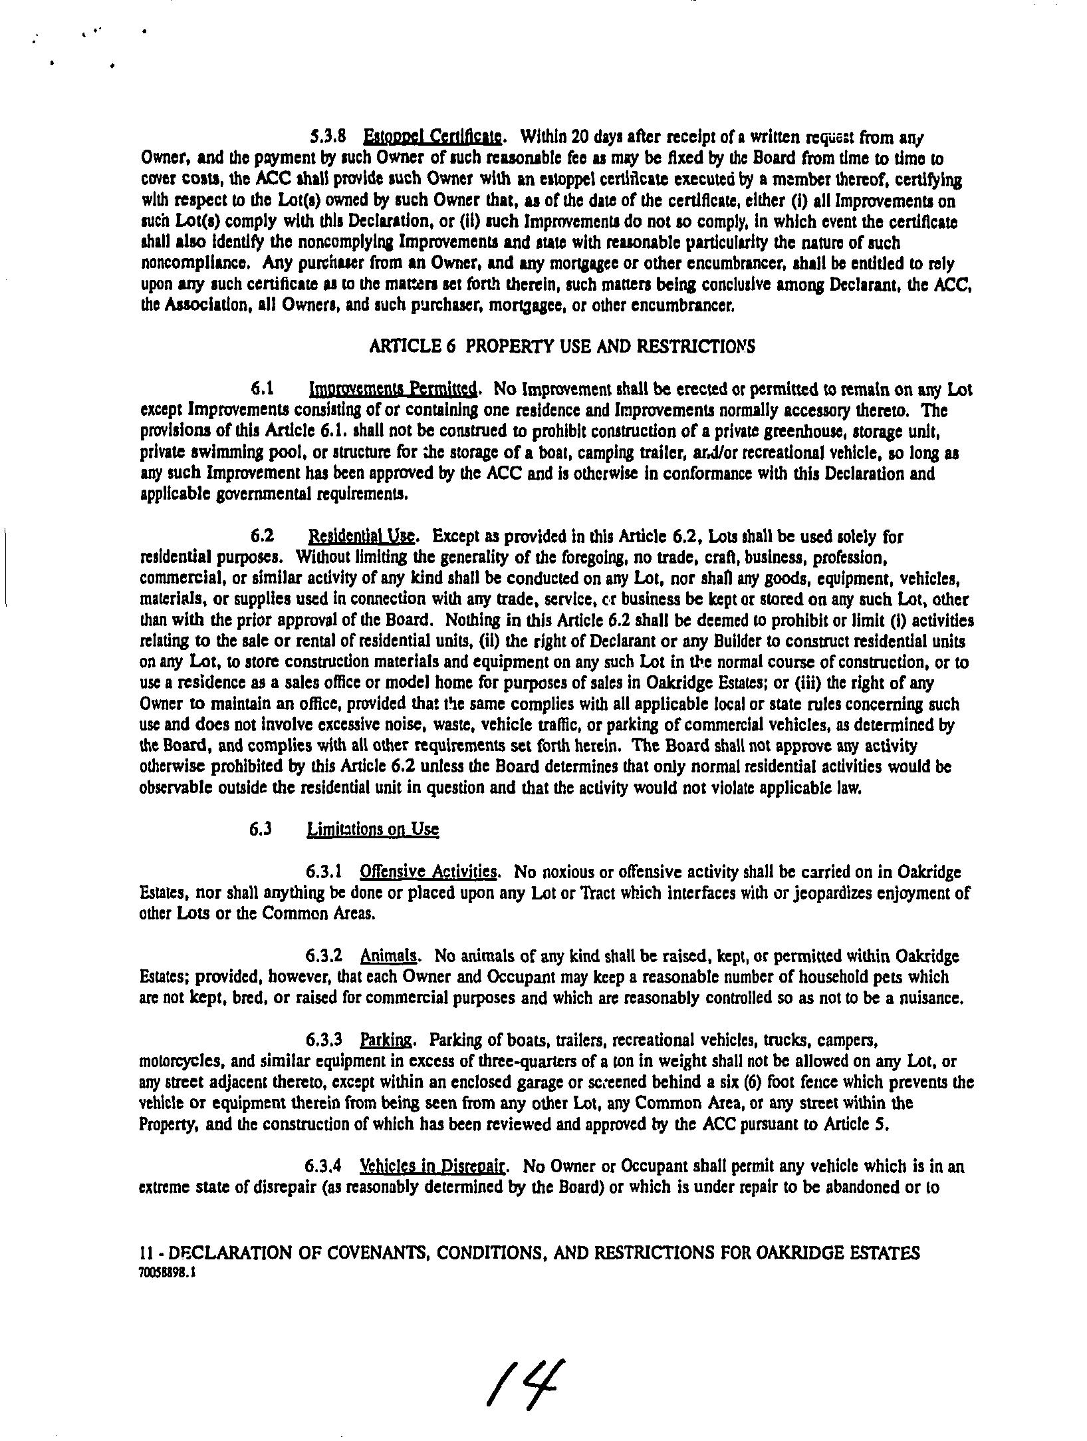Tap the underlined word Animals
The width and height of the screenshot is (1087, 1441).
[x=389, y=956]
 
